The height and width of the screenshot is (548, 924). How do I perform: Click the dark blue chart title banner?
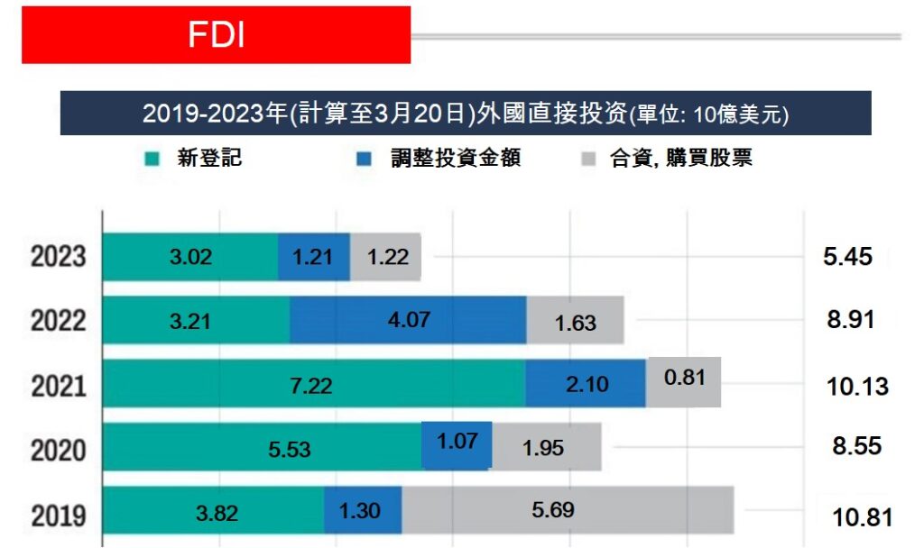pyautogui.click(x=465, y=114)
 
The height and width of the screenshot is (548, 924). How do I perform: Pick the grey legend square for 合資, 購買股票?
pyautogui.click(x=589, y=160)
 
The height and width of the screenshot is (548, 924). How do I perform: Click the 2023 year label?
pyautogui.click(x=59, y=257)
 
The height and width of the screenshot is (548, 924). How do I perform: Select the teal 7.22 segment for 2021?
pyautogui.click(x=313, y=386)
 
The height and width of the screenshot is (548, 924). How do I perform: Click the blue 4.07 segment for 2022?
pyautogui.click(x=408, y=320)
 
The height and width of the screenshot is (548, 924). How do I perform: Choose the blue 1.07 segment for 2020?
pyautogui.click(x=457, y=444)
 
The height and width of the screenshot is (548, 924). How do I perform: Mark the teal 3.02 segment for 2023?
pyautogui.click(x=190, y=257)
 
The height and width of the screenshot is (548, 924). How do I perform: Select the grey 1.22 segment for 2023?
pyautogui.click(x=386, y=257)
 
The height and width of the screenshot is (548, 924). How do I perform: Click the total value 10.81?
pyautogui.click(x=861, y=517)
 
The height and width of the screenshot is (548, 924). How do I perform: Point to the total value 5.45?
pyautogui.click(x=847, y=256)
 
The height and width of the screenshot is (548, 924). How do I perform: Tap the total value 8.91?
pyautogui.click(x=850, y=319)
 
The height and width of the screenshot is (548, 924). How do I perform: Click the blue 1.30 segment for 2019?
pyautogui.click(x=362, y=510)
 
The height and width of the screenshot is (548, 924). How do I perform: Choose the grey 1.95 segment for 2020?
pyautogui.click(x=546, y=448)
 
